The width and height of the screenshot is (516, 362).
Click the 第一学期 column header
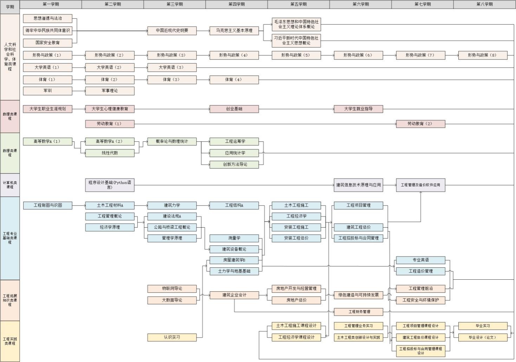click(51, 4)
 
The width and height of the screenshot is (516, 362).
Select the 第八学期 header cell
click(484, 4)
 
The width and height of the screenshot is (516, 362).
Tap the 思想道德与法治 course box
click(47, 18)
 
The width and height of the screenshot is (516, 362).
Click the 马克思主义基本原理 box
click(234, 31)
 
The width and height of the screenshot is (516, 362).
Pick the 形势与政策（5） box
click(296, 55)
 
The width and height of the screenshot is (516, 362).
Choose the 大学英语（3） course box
click(172, 67)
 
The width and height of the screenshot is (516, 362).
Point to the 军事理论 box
click(110, 91)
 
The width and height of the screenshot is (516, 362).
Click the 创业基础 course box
click(234, 109)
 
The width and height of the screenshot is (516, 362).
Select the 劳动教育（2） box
click(420, 124)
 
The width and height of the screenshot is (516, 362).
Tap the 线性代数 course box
click(110, 153)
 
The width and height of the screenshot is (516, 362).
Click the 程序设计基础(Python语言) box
click(110, 185)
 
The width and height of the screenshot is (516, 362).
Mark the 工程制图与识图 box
click(47, 205)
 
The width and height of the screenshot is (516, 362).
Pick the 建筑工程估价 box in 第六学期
click(358, 227)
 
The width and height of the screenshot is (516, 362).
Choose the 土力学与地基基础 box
click(234, 271)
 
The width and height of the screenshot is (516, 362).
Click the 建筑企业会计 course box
click(234, 295)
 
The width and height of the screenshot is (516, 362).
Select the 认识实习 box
click(172, 337)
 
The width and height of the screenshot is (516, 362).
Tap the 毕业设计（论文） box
click(483, 337)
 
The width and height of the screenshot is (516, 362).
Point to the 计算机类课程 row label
click(10, 185)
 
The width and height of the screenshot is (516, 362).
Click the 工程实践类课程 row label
click(10, 341)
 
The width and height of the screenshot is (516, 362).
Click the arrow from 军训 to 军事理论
click(79, 91)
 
